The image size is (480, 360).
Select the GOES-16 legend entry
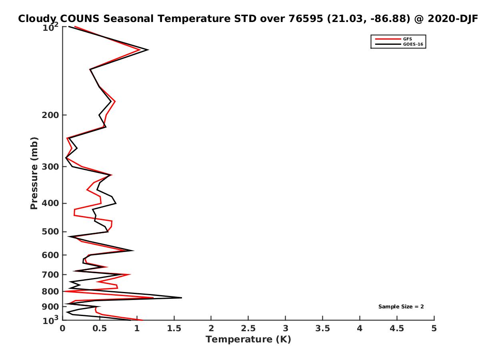tap(399, 44)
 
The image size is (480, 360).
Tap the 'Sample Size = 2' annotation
tap(401, 307)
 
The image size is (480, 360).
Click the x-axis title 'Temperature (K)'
tap(248, 339)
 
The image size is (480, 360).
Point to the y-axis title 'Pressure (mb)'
tap(34, 173)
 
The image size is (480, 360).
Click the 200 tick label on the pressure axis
tap(50, 115)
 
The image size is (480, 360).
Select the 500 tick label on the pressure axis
tap(50, 232)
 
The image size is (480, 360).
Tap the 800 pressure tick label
tap(50, 291)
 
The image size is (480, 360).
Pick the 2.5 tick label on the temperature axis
tap(248, 328)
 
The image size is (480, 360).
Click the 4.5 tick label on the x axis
tap(397, 328)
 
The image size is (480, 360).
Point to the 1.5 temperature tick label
tap(174, 328)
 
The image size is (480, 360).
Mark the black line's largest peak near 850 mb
tap(182, 298)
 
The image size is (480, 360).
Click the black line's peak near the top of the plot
tap(148, 50)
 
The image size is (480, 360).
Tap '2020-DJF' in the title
tap(453, 18)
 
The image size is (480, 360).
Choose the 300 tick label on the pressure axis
tap(50, 167)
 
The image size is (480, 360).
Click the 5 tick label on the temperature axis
tap(434, 328)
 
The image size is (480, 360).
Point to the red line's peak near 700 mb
tap(130, 274)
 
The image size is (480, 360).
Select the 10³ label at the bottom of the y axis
tap(51, 320)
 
